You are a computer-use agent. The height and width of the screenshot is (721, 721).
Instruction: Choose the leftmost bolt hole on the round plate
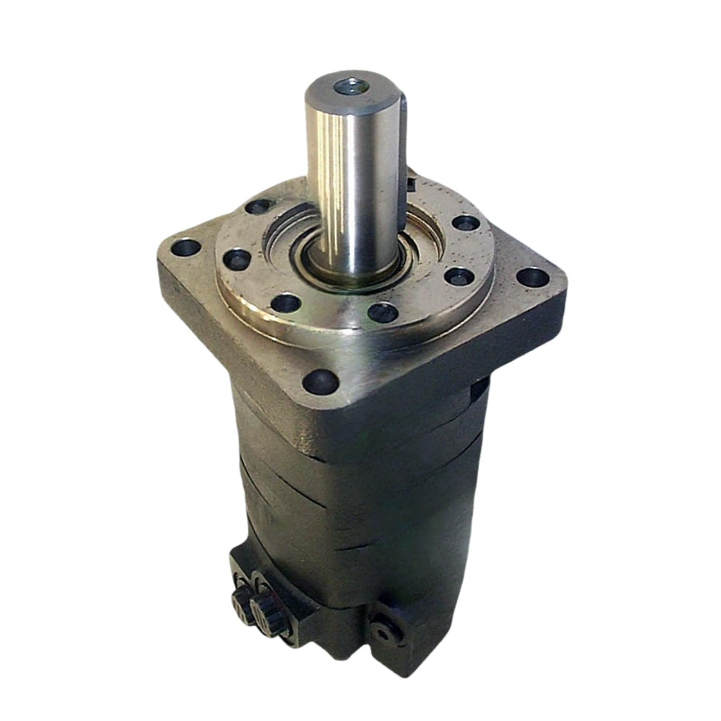click(236, 259)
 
